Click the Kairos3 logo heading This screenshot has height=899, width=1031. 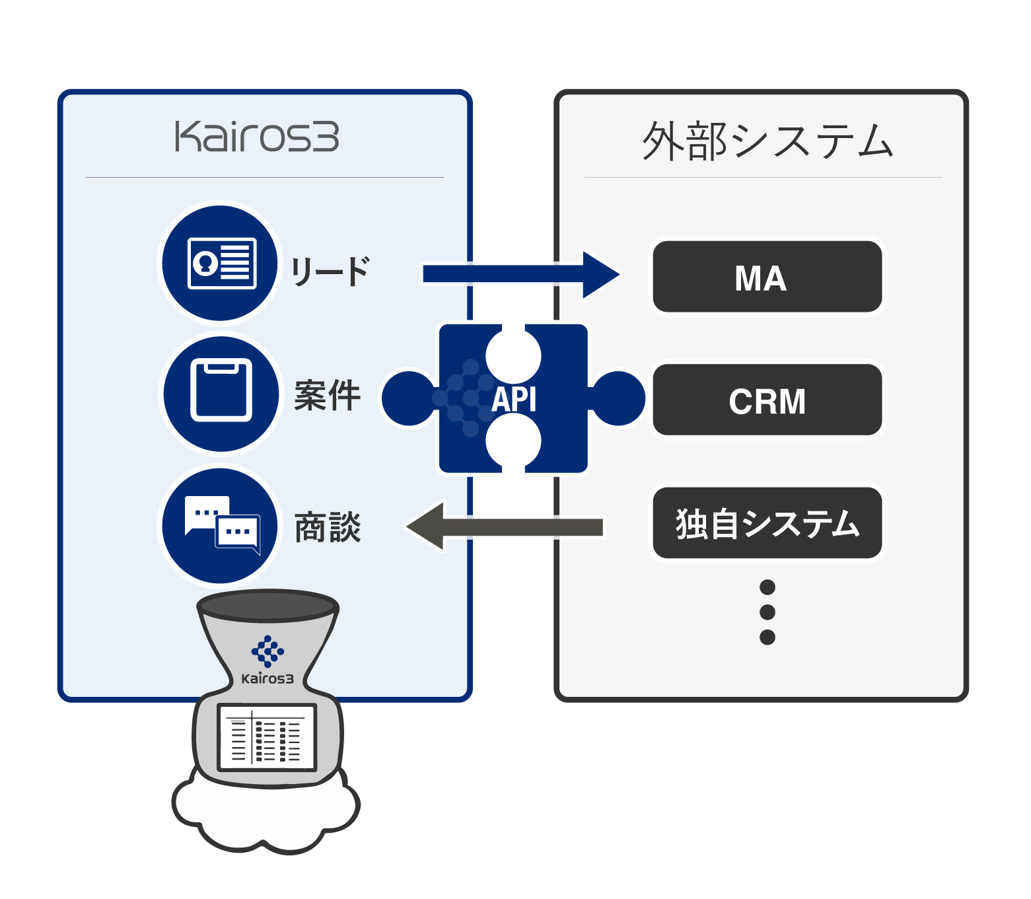point(257,137)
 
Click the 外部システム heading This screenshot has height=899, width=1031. point(767,141)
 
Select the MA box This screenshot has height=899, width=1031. point(767,277)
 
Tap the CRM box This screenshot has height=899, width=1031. point(767,400)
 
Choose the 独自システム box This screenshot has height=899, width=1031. point(767,523)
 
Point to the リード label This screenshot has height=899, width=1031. point(330,271)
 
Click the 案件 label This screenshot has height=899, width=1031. point(328,396)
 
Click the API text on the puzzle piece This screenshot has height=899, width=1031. point(514,399)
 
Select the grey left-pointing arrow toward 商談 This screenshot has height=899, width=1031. point(505,526)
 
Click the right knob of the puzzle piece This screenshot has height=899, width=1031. point(618,398)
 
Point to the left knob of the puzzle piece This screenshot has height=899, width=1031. point(408,398)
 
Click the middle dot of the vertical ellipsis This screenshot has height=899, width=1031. point(767,612)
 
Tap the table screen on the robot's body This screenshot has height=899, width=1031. point(267,737)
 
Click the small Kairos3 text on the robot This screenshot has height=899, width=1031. point(267,678)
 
